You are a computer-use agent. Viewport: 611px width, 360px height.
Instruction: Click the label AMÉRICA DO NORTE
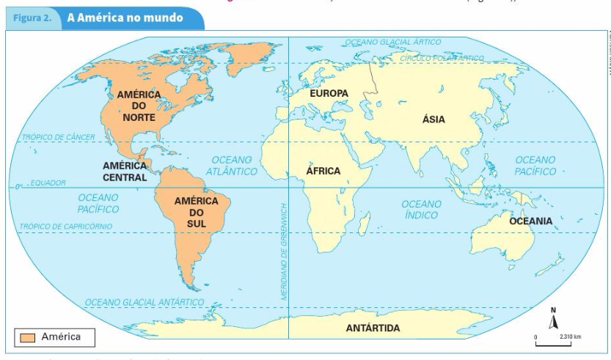[x=134, y=106]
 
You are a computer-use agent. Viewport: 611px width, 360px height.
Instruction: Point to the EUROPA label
[x=329, y=93]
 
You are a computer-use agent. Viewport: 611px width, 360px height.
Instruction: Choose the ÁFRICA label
[x=323, y=171]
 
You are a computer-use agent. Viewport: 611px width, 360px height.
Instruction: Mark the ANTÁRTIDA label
[x=373, y=328]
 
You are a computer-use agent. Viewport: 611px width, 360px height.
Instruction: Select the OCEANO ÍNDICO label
[x=421, y=209]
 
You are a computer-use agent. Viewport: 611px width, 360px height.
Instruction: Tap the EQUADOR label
[x=48, y=183]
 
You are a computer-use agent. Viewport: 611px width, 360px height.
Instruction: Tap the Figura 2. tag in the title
[x=34, y=15]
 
